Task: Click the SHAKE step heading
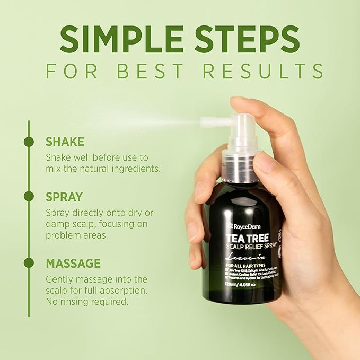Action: pos(65,142)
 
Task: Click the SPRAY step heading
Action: pos(64,196)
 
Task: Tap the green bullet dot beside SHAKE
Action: pos(29,142)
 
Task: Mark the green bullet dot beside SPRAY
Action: pos(29,196)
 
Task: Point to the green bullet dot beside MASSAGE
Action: pos(29,263)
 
